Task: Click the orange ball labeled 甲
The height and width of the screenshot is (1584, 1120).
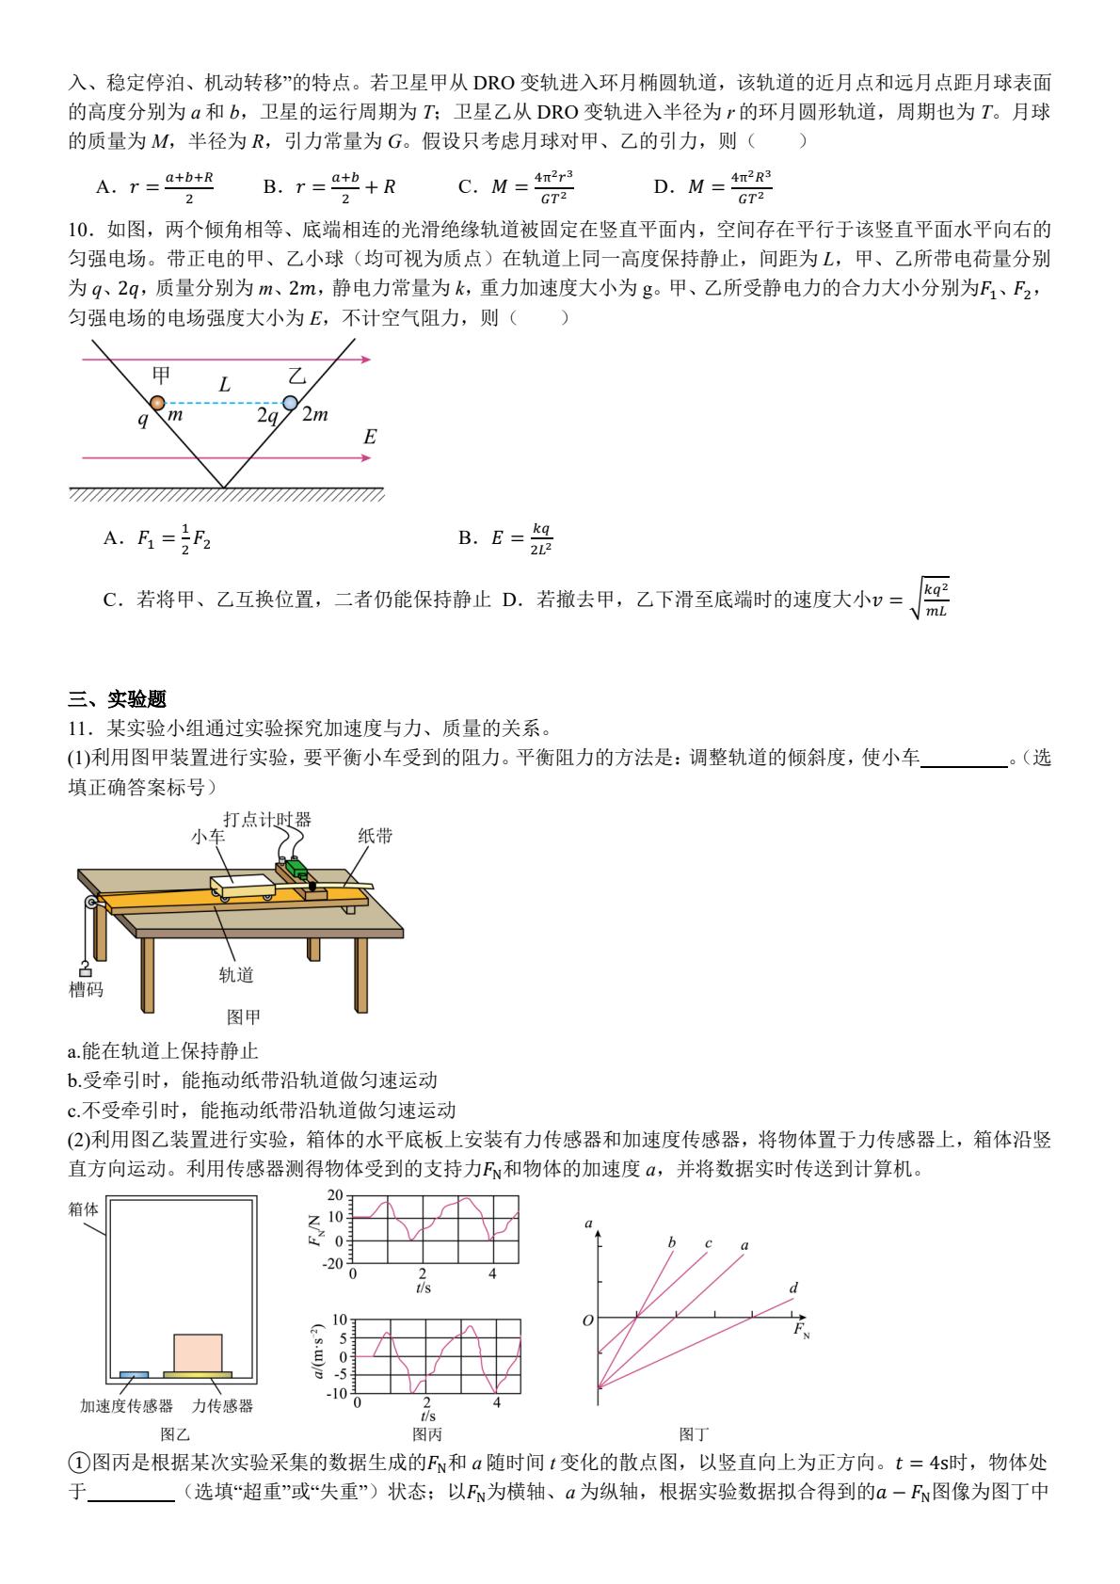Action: [x=157, y=403]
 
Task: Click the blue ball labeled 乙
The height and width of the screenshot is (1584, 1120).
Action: [x=290, y=403]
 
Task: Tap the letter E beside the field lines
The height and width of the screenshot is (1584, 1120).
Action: [x=370, y=437]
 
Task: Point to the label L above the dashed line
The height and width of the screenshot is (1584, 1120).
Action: [x=224, y=385]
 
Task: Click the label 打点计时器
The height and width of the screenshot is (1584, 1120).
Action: [x=266, y=818]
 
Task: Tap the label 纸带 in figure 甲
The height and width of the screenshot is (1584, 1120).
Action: [x=376, y=835]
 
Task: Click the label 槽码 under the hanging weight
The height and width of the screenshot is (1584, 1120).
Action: [x=87, y=988]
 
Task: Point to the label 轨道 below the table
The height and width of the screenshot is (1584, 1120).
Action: [x=236, y=975]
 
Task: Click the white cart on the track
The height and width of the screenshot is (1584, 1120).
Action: [x=242, y=886]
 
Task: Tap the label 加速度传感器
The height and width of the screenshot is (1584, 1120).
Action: [x=126, y=1405]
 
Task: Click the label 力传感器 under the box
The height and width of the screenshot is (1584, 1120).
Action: [x=222, y=1405]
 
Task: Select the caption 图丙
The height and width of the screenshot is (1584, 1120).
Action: [x=427, y=1434]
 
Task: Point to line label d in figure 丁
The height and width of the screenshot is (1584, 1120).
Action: [x=793, y=1288]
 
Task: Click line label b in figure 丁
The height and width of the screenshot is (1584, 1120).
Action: [x=672, y=1242]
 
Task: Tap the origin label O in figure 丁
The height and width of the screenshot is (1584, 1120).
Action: [x=588, y=1320]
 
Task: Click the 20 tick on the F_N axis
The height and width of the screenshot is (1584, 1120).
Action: [x=337, y=1195]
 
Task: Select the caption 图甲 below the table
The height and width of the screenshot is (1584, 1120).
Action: [x=244, y=1016]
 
